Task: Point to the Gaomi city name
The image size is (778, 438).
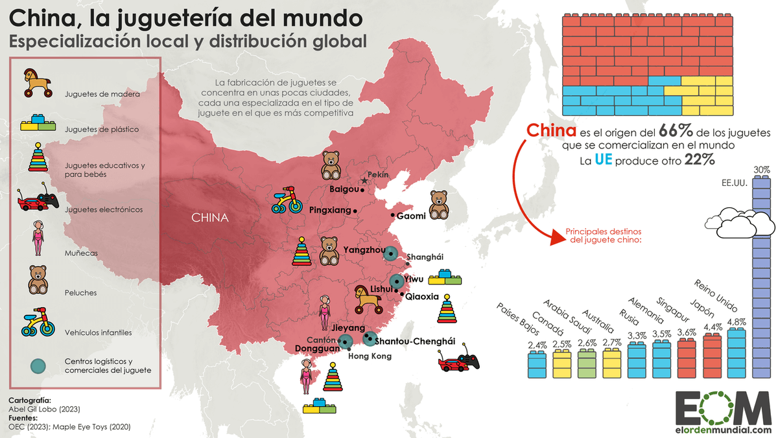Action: click(411, 216)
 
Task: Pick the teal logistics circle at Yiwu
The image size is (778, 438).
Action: click(396, 281)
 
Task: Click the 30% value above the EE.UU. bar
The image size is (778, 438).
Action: click(762, 170)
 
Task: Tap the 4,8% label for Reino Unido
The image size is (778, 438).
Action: click(737, 321)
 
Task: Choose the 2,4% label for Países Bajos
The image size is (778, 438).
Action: click(537, 345)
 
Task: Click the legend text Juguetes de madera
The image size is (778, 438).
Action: click(102, 94)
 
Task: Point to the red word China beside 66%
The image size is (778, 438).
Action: click(550, 130)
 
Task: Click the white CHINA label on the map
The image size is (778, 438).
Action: click(209, 218)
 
